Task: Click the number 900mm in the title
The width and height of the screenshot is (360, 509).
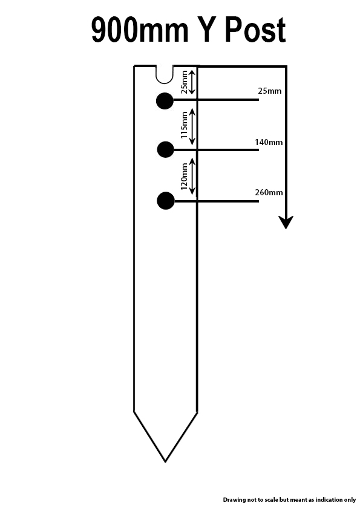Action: coord(140,30)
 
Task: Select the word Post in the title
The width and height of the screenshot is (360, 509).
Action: coord(255,30)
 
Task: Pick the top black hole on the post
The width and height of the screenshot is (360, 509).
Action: coord(165,101)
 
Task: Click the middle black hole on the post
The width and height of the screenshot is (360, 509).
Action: coord(165,150)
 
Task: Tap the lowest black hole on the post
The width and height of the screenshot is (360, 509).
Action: coord(166,201)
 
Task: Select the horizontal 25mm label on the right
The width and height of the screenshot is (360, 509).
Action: coord(270,91)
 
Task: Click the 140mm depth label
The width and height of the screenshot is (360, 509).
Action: coord(269,142)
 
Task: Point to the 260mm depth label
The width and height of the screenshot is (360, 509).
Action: coord(269,192)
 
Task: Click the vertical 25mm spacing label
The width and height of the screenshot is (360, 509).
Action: coord(184,82)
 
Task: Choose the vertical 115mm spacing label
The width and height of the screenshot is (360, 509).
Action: coord(184,125)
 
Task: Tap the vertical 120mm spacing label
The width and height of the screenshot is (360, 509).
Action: coord(184,177)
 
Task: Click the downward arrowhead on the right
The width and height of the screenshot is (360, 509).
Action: coord(286,222)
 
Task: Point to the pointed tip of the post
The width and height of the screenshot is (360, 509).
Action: coord(165,462)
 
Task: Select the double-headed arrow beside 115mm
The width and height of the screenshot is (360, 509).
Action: coord(192,126)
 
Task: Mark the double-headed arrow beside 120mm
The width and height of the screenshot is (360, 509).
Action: coord(192,177)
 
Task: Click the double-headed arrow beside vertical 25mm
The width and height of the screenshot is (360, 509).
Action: coord(192,82)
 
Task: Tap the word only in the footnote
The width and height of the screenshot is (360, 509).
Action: coord(350,500)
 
